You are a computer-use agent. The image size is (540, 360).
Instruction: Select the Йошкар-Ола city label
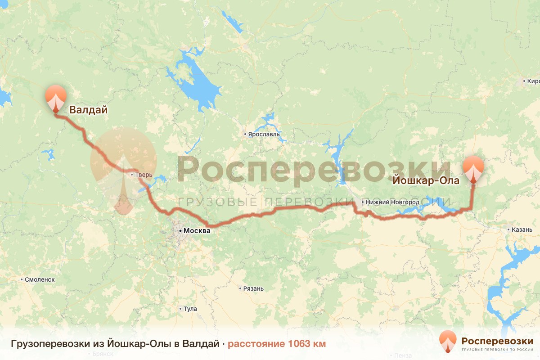click(426, 181)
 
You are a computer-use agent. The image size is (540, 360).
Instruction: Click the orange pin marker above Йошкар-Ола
click(473, 168)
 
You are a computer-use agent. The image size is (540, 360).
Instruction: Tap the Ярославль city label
click(264, 134)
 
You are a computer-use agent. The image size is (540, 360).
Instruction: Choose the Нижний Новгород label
click(392, 202)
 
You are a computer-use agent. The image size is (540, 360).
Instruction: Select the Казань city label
click(522, 229)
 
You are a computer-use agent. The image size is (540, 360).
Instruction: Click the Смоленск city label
click(40, 279)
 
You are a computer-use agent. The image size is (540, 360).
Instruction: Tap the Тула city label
click(191, 309)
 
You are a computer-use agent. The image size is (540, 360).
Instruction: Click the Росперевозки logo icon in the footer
click(447, 341)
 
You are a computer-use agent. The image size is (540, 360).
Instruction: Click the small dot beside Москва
click(180, 231)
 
